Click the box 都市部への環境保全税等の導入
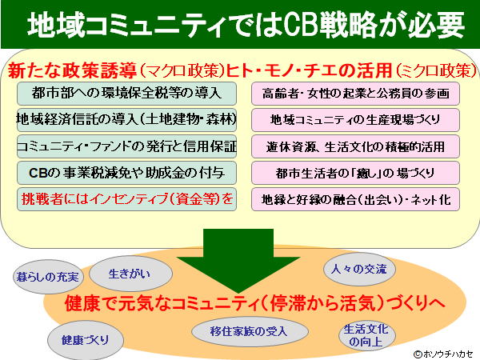(126, 94)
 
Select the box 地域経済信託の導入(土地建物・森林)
(126, 120)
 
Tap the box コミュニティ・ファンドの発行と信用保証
(126, 146)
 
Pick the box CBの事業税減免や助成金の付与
(126, 173)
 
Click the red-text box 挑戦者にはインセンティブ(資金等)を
(126, 199)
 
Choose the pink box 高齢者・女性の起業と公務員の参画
(356, 94)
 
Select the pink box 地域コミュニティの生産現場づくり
(356, 120)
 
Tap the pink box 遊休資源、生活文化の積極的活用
(356, 146)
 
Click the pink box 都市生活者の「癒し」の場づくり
(356, 173)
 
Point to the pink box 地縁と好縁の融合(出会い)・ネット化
(356, 199)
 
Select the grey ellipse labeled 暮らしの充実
(48, 277)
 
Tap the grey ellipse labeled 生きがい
(130, 274)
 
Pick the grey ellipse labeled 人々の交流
(359, 270)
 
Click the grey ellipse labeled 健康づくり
(86, 340)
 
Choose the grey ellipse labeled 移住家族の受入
(250, 331)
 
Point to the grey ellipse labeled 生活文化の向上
(367, 335)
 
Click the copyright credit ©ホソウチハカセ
(443, 354)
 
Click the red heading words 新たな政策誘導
(72, 70)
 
